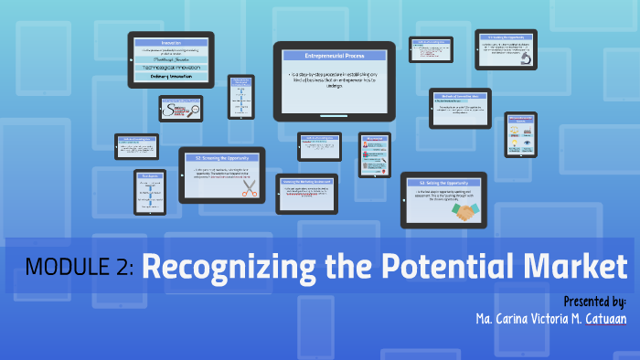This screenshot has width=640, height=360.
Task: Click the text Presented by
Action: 594,301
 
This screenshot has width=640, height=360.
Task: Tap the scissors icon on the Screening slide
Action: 249,188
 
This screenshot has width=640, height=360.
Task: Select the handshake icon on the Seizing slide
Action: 467,211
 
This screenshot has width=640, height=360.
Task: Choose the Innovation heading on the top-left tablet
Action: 171,43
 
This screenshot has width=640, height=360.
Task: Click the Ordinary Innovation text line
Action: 171,78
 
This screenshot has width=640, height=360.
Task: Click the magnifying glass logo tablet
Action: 180,109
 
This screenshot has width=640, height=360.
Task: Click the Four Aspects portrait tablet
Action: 150,192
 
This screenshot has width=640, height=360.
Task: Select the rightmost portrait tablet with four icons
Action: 521,133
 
